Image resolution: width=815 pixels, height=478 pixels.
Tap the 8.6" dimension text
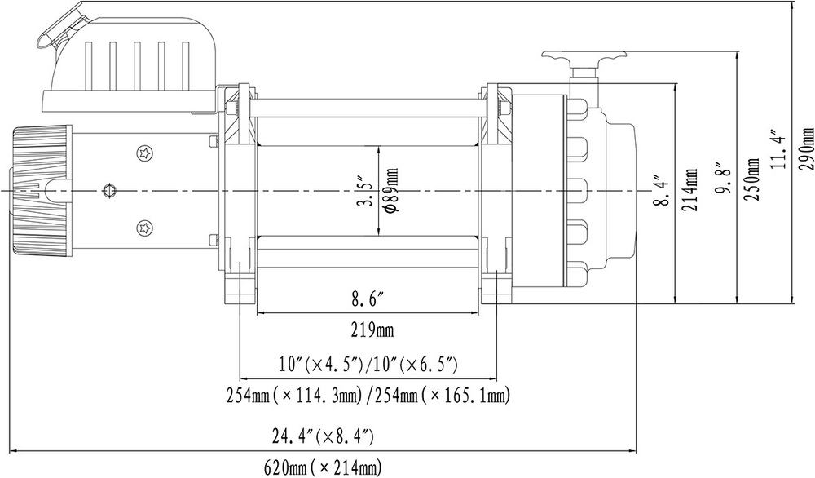click(368, 301)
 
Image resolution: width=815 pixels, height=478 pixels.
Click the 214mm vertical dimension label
click(691, 189)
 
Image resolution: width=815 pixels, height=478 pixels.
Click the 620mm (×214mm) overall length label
click(323, 467)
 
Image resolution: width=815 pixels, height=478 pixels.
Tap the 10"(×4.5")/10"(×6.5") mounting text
click(368, 362)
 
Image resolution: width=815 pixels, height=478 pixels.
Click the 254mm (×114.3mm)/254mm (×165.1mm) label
click(368, 396)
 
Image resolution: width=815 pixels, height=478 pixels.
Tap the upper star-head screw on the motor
click(146, 152)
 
